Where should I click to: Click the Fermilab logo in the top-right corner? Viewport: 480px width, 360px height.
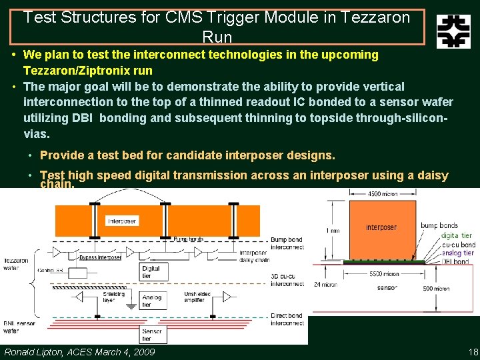point(453,31)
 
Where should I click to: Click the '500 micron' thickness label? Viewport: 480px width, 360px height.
point(436,289)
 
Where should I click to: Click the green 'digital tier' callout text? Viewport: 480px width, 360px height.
point(457,235)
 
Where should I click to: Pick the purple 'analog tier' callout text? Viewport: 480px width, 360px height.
point(457,253)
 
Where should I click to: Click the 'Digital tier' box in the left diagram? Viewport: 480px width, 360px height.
point(151,271)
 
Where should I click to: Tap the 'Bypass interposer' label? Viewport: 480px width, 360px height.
point(100,257)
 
